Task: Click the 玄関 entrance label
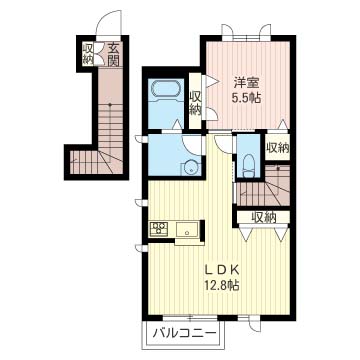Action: [x=113, y=54]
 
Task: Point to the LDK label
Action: [x=222, y=269]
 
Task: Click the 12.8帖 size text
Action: [x=222, y=284]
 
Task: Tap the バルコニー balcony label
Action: [x=185, y=333]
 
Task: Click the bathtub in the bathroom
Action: [x=166, y=89]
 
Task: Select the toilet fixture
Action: [x=249, y=166]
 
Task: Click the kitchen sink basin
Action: [x=187, y=229]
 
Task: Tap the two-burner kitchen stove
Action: [x=159, y=229]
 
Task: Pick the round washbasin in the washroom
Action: [x=191, y=167]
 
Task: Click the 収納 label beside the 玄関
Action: [x=87, y=54]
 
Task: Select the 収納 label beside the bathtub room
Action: [x=195, y=103]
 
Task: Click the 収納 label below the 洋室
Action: [x=277, y=147]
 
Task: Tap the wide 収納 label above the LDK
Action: [x=264, y=218]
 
